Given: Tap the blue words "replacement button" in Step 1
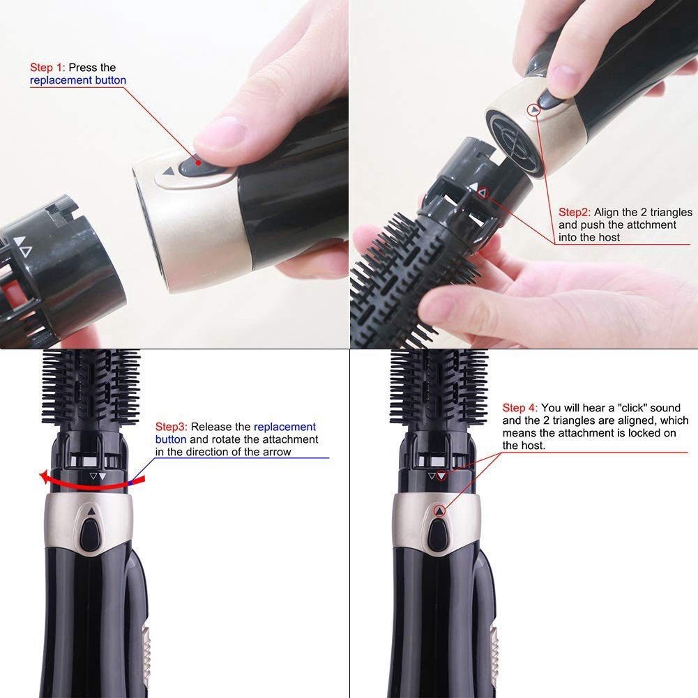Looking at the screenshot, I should [78, 80].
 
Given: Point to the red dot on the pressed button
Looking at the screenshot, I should [199, 162].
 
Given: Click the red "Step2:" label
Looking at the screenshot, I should [575, 212].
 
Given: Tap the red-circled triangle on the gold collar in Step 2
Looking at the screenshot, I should [535, 109].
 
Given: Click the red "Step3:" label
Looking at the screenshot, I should [172, 427].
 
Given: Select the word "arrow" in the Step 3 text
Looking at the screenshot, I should [276, 452].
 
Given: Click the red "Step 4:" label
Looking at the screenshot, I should [520, 408].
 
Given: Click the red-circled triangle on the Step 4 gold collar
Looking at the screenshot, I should [439, 511].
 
